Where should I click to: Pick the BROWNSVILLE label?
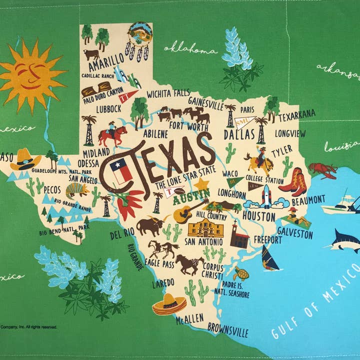[x=220, y=331]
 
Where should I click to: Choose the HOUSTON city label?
[x=258, y=216]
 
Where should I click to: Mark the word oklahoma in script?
[x=190, y=49]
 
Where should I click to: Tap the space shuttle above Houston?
[x=266, y=196]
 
